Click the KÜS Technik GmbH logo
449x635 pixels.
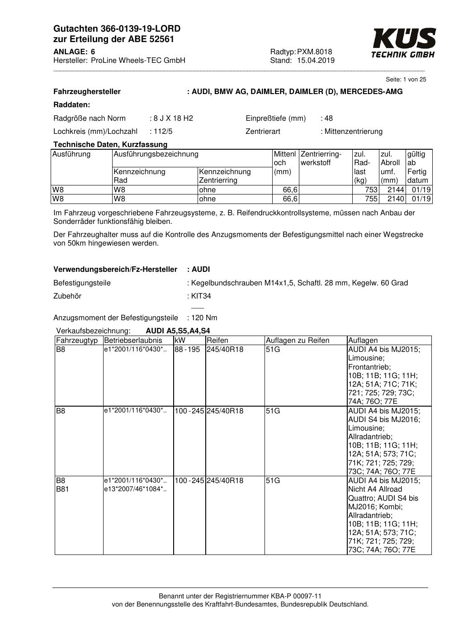coord(403,43)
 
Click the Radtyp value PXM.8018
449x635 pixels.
coord(314,52)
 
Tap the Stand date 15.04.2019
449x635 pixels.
coord(316,61)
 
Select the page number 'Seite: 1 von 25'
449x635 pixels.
coord(406,80)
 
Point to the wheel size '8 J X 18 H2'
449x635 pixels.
coord(173,118)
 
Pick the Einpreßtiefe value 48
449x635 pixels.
coord(328,118)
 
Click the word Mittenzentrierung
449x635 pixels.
coord(353,132)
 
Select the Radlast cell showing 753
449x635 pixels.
coord(371,190)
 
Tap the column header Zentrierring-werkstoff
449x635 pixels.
coord(321,158)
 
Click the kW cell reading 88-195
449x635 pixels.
coord(187,350)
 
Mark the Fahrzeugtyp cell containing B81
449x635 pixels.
coord(62,489)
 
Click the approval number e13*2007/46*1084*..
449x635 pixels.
coord(135,489)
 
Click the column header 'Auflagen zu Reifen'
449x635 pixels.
coord(298,341)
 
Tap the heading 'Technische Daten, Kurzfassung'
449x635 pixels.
coord(110,145)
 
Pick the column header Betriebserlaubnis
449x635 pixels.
coord(133,341)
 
